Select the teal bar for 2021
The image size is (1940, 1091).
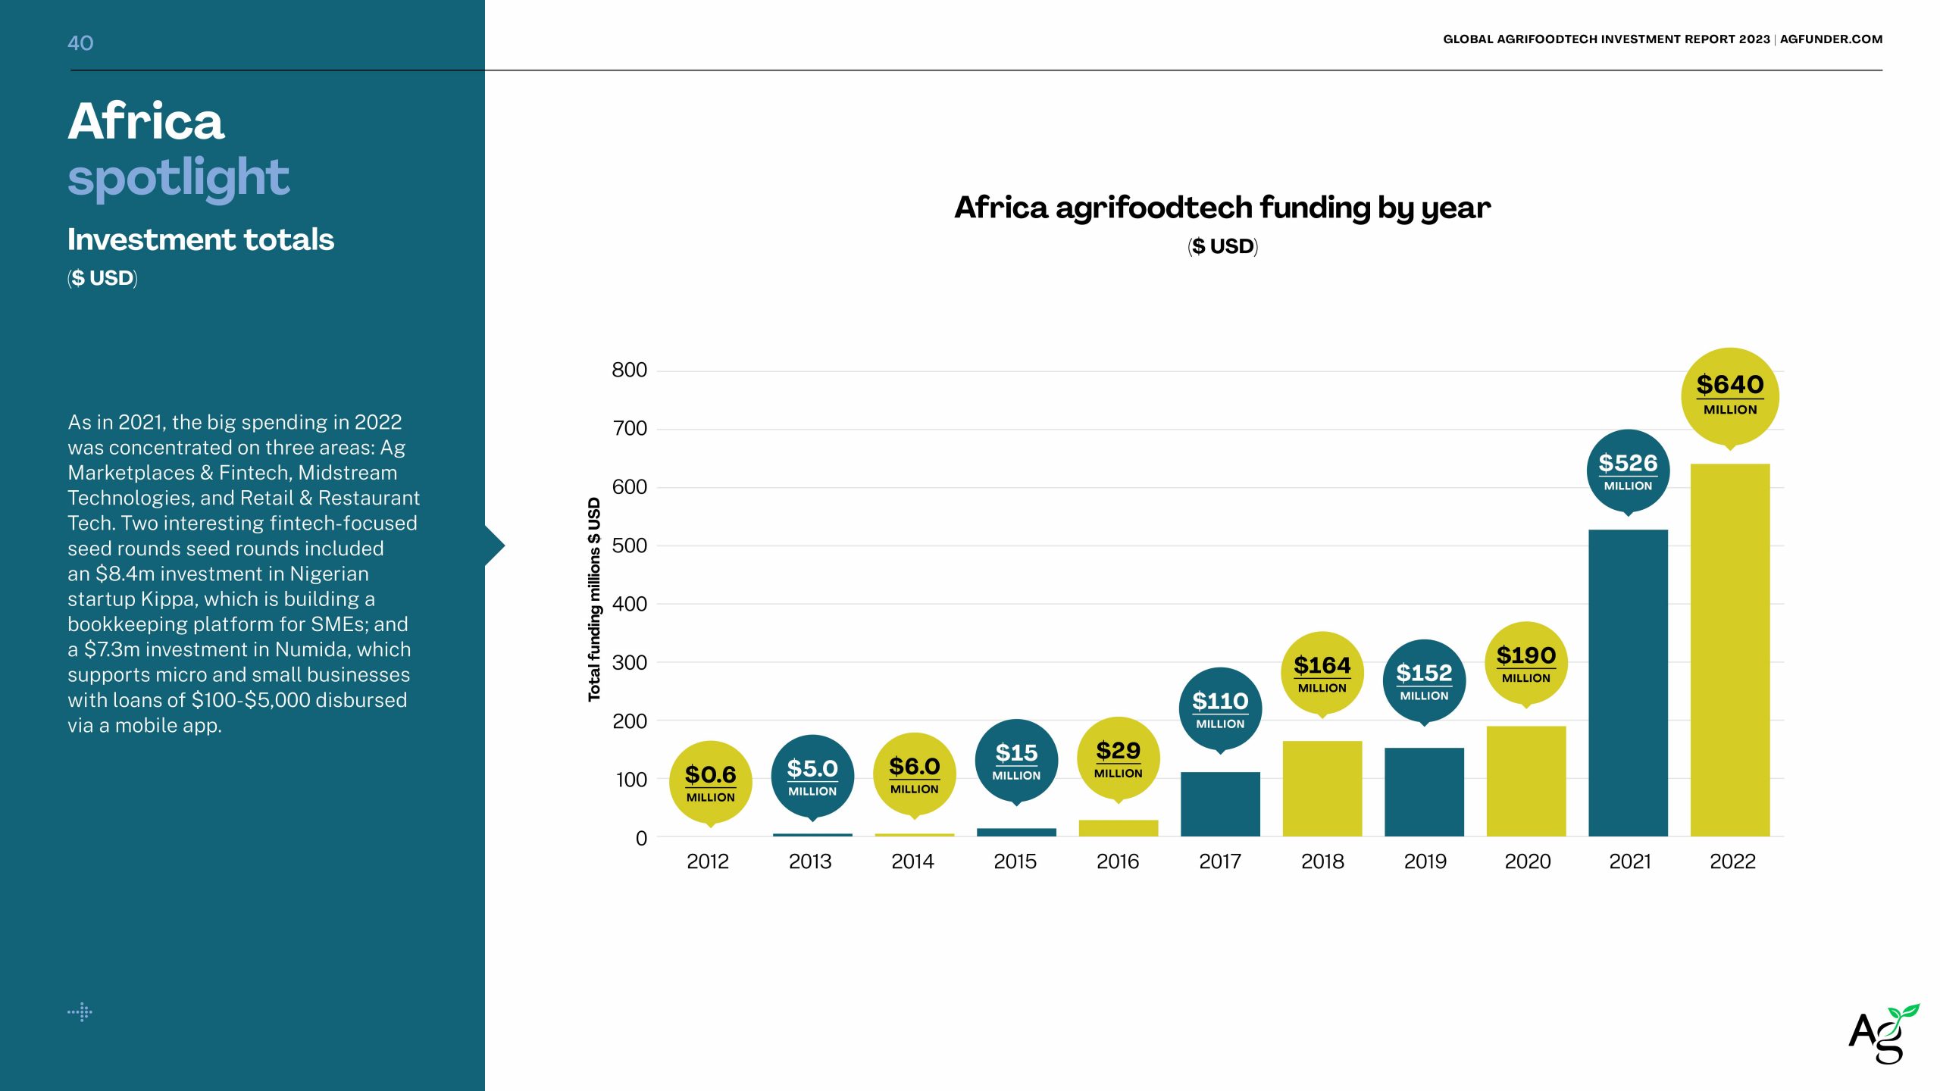click(1628, 683)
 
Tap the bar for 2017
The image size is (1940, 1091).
click(1220, 804)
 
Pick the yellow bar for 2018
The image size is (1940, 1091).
click(1322, 788)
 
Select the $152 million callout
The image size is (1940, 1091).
click(1424, 680)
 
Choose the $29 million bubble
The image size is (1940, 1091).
click(1118, 758)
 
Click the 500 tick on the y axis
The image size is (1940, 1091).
click(629, 545)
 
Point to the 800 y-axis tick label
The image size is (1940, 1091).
click(629, 370)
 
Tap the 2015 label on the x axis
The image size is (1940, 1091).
click(1015, 861)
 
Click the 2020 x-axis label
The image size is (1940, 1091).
click(1527, 861)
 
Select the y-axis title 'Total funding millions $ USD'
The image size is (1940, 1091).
click(594, 599)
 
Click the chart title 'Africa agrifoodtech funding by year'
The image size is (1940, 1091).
click(1222, 208)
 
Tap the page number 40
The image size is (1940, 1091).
click(80, 43)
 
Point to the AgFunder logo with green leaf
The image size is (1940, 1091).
click(1882, 1034)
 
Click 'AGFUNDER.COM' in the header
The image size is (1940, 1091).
click(1831, 39)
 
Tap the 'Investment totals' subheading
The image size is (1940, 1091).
click(201, 239)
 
